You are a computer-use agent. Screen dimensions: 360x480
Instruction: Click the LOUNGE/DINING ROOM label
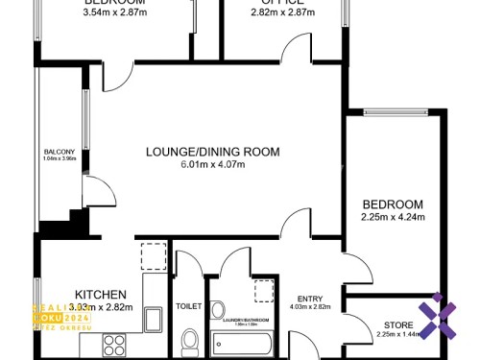(212, 152)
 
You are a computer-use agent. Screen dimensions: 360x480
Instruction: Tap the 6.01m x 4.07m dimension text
(213, 165)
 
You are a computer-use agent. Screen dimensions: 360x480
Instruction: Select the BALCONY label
(59, 152)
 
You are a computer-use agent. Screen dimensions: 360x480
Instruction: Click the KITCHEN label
(100, 294)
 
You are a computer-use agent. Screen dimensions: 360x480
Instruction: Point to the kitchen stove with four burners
(115, 344)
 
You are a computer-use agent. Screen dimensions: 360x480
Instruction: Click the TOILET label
(188, 307)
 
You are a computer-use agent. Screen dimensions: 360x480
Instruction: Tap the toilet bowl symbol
(189, 341)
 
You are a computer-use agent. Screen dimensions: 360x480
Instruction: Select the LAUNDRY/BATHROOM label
(240, 318)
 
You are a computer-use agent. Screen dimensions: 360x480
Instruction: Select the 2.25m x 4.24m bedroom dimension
(393, 219)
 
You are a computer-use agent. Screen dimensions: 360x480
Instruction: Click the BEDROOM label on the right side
(393, 204)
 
